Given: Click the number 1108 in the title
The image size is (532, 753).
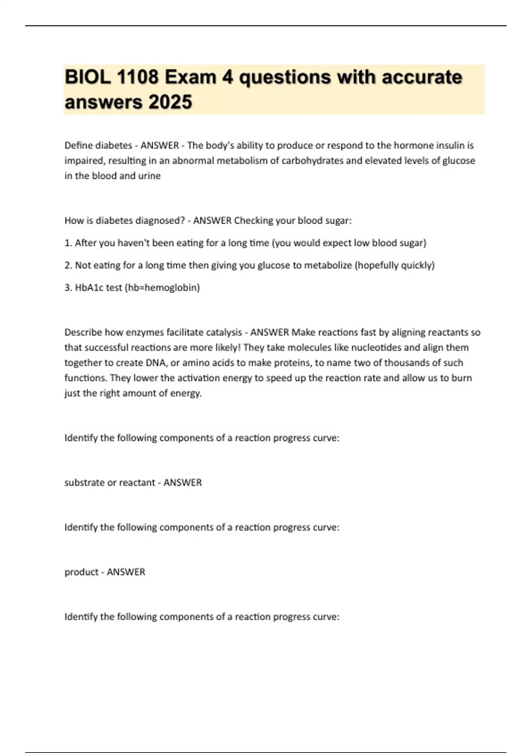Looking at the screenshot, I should [137, 78].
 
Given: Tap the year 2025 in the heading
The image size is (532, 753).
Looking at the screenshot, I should [170, 102].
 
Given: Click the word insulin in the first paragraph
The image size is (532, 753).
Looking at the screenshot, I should [451, 145].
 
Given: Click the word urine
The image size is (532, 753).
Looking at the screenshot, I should [149, 176].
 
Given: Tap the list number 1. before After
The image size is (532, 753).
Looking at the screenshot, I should [68, 243].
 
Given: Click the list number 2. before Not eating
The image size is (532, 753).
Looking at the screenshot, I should [68, 265].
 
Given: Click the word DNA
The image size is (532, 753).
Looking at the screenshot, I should [156, 363].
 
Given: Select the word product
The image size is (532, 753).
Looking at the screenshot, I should [81, 572].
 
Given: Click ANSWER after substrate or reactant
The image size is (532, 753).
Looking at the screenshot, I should [183, 482].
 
